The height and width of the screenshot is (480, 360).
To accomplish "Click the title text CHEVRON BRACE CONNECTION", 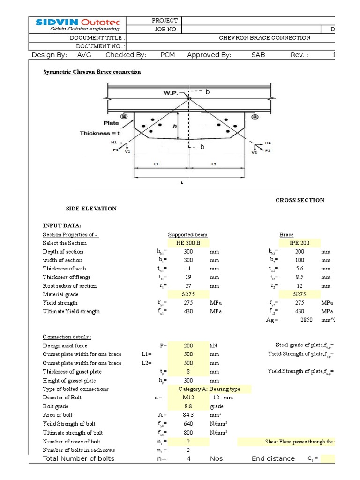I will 265,38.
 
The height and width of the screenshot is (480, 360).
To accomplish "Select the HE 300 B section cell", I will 188,243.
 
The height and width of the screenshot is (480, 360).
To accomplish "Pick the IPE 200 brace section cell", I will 300,243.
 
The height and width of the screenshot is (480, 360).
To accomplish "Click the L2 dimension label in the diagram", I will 214,164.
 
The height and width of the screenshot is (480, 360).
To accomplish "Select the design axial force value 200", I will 188,345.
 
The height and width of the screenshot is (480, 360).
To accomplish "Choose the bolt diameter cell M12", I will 188,397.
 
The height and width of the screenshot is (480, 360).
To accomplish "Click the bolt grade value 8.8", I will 188,406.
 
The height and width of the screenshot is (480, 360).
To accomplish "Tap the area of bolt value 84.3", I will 188,415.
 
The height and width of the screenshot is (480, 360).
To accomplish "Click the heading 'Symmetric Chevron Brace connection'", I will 92,72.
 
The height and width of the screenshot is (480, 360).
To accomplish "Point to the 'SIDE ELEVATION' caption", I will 91,209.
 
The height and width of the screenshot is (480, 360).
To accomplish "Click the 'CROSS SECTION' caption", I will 300,200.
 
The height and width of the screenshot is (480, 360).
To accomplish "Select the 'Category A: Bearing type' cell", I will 214,389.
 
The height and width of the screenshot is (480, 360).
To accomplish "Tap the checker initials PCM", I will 167,55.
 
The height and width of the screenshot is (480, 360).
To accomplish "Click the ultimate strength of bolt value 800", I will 188,433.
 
